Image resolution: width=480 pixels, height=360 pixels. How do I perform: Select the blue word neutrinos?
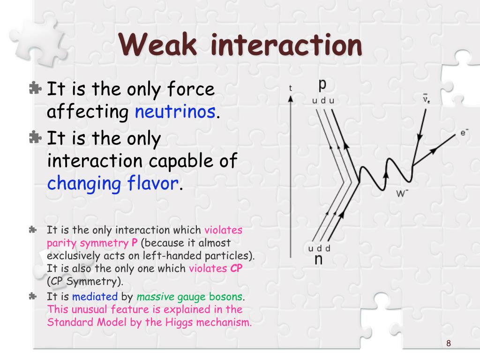176,112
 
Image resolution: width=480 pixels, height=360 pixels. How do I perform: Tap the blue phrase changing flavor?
113,183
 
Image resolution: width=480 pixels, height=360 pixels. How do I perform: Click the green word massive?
155,297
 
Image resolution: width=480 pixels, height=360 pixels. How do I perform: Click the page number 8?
449,344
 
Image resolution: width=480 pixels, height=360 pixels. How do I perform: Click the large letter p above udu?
322,84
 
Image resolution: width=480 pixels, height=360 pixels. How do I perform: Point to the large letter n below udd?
318,259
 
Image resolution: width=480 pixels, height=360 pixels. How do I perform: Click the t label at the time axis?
291,88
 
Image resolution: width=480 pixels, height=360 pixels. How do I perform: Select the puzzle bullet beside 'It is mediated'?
32,296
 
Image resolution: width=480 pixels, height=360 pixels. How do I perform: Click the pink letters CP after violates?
236,269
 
